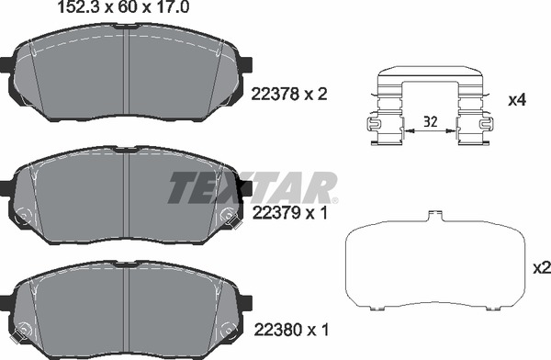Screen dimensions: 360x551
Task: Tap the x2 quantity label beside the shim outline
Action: coord(540,267)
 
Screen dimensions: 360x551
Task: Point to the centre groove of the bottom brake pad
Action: coord(129,308)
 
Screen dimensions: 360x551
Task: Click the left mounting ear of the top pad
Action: coord(6,67)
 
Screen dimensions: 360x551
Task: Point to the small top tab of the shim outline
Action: coord(433,217)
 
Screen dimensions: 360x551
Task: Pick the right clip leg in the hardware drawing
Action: coord(474,129)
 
